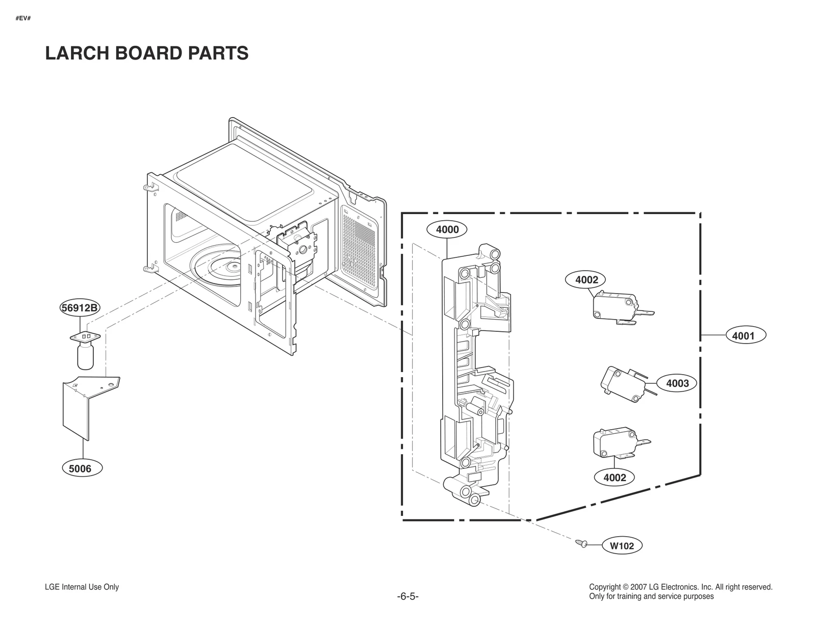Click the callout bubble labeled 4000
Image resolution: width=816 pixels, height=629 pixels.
coord(447,229)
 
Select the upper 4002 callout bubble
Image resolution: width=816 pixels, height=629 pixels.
coord(586,279)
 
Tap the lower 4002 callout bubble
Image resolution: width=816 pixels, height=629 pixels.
coord(615,477)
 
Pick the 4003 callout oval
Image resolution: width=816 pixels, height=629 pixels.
coord(677,383)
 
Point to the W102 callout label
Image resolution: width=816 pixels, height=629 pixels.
coord(622,545)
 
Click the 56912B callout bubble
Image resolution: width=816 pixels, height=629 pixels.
coord(80,308)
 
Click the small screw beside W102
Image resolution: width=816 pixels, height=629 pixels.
coord(581,543)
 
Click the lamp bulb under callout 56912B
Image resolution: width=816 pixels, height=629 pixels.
coord(85,355)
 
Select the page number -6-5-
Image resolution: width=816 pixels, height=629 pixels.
coord(407,596)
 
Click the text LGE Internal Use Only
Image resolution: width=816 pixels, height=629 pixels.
coord(82,587)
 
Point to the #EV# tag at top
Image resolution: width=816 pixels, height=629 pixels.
coord(23,18)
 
